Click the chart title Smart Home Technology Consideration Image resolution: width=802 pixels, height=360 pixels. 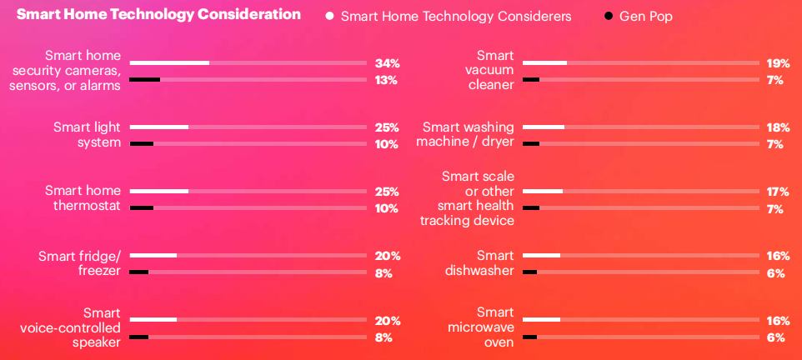158,14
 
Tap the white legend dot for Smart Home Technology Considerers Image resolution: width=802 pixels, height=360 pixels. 330,16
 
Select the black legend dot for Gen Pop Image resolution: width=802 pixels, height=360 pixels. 608,16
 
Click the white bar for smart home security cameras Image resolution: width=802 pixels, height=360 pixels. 169,62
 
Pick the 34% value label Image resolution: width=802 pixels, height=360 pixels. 387,63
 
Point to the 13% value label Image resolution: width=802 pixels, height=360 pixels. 386,80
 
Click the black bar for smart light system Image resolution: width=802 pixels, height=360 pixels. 142,143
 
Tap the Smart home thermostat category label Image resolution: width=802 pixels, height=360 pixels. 83,198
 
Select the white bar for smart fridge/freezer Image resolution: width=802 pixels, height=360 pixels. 153,255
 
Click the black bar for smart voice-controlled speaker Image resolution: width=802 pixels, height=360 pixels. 139,337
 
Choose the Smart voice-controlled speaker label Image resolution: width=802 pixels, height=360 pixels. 71,327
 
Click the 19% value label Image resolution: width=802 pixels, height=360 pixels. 778,63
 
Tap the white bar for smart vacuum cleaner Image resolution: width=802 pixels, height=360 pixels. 544,62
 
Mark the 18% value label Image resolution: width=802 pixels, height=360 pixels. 778,127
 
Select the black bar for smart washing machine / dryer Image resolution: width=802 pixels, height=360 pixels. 531,143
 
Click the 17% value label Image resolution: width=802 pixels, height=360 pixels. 778,192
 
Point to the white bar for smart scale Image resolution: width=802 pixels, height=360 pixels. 543,192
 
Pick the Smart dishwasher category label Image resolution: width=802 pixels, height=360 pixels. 478,262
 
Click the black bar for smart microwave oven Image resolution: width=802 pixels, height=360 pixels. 530,337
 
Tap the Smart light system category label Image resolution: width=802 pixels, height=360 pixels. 87,134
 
